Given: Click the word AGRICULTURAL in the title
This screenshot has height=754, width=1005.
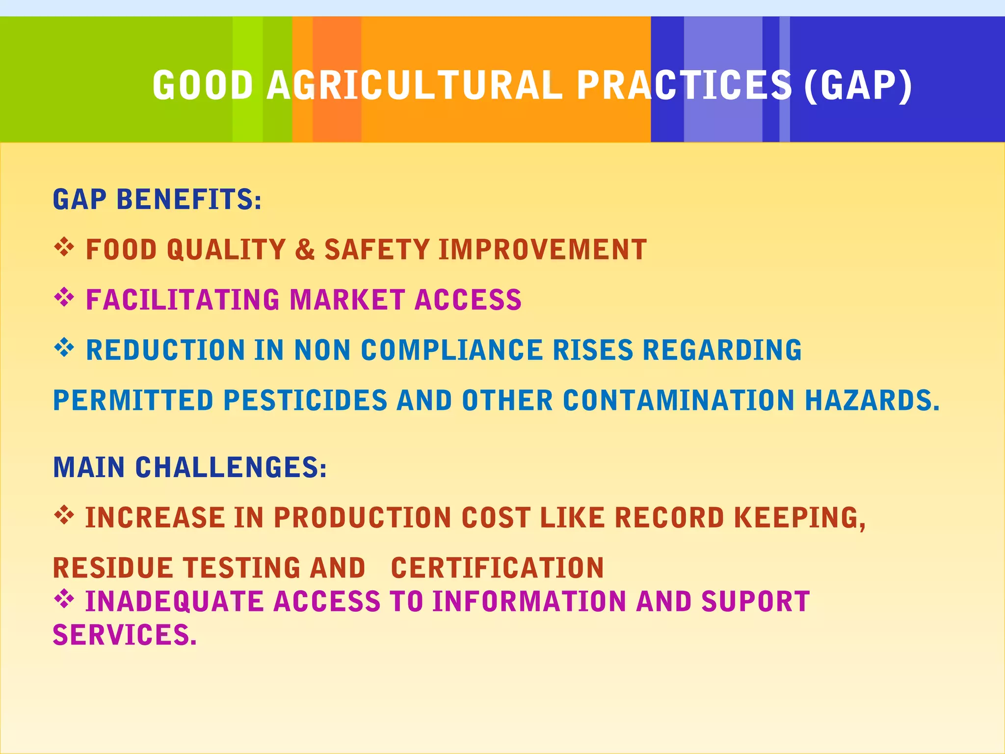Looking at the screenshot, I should point(415,85).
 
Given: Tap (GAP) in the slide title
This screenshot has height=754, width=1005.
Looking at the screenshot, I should point(858,85).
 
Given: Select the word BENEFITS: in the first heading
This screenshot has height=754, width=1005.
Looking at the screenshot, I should point(189,200).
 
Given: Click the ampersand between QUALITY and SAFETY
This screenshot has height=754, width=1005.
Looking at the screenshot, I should point(305,249).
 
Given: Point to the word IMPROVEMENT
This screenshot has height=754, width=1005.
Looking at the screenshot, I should point(542,249).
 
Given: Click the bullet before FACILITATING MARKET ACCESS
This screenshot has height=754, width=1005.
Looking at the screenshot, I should point(64,297).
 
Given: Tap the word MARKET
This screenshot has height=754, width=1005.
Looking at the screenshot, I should point(347,300).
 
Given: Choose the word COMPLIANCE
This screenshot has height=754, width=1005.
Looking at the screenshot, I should point(452,350).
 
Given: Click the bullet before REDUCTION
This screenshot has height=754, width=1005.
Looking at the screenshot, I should point(64,348).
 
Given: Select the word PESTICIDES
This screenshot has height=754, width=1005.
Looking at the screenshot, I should point(305,401).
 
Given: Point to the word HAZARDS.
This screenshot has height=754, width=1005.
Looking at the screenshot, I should point(872,401).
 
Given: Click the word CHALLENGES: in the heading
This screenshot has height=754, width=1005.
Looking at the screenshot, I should point(231,467).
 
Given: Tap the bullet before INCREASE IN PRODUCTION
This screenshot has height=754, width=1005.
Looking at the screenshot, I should point(64,515).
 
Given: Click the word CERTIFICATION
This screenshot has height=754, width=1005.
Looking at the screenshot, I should point(497,568).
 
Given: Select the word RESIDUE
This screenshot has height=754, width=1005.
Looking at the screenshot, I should point(112,568).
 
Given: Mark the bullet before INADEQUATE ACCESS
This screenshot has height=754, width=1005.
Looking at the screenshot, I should point(64,599).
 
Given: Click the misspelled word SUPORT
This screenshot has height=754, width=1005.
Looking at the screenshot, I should point(755,601).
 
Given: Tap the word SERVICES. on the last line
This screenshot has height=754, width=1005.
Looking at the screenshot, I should point(125,635).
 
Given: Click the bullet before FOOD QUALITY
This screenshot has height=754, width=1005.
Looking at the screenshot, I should point(64,247).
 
